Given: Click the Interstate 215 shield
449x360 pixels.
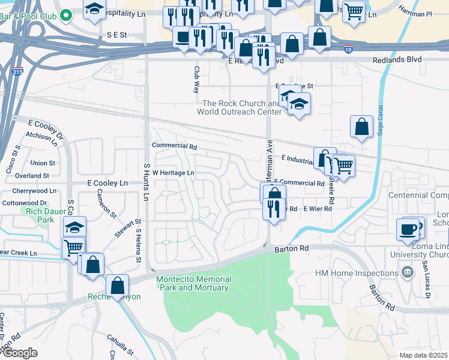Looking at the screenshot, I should [17, 71].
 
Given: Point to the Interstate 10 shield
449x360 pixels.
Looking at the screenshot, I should [349, 49].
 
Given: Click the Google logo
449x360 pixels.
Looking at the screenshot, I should [20, 352].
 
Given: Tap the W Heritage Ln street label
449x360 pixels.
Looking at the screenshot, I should [173, 173].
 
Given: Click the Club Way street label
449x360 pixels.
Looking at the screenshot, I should [196, 79].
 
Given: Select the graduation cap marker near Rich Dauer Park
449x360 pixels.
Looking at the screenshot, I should [75, 227].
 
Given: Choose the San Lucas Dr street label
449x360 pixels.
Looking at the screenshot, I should [427, 277].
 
